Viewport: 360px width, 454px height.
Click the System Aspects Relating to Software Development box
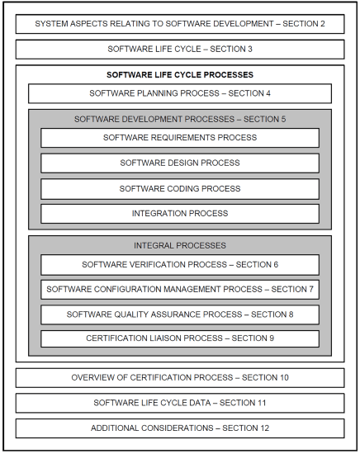coord(179,23)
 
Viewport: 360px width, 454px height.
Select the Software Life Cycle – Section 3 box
coord(179,49)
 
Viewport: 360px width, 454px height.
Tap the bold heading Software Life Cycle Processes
coord(179,75)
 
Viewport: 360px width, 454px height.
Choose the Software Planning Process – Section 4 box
coord(179,93)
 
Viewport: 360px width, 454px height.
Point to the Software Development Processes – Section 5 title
coord(179,119)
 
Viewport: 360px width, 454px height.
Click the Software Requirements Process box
coord(179,138)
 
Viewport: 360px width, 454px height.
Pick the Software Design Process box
coord(179,163)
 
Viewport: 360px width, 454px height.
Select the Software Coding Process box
coord(179,189)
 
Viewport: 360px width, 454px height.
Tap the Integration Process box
coord(179,214)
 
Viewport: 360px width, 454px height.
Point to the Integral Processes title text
coord(179,246)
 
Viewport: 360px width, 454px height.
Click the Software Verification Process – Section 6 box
coord(179,265)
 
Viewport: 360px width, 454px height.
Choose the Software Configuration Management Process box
coord(179,290)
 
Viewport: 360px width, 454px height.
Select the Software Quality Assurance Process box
coord(179,314)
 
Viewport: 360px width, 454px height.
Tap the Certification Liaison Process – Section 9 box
coord(179,338)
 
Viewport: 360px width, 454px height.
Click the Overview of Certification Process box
coord(179,378)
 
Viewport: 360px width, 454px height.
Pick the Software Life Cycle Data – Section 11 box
coord(179,403)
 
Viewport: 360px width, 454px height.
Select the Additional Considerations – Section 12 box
coord(179,428)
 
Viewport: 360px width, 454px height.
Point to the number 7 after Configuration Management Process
coord(311,290)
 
